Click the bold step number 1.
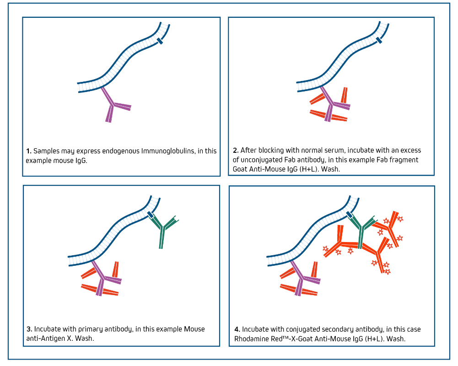click(29, 151)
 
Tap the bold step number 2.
click(236, 151)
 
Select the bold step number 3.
click(29, 329)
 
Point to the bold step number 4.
click(237, 329)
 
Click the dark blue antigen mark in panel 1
click(160, 41)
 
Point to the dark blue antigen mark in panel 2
click(379, 40)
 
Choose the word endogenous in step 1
click(120, 151)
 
